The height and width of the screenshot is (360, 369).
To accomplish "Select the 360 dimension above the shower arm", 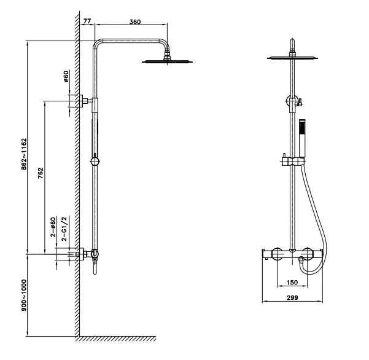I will point(135,22).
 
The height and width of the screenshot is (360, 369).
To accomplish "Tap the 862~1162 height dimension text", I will point(23,153).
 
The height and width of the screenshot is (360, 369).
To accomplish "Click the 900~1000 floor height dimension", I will point(23,295).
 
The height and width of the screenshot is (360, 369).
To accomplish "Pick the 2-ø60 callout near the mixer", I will point(53,227).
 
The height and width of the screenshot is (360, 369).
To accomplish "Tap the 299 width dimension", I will point(292,299).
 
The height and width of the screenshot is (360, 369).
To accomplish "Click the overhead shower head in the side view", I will point(165,60).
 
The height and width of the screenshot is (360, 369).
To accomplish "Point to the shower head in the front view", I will point(294,58).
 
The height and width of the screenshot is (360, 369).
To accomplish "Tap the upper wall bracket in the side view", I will point(79,101).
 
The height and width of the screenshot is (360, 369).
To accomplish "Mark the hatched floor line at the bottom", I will point(117,338).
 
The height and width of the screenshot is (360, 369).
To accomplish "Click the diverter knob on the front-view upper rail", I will point(293,102).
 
